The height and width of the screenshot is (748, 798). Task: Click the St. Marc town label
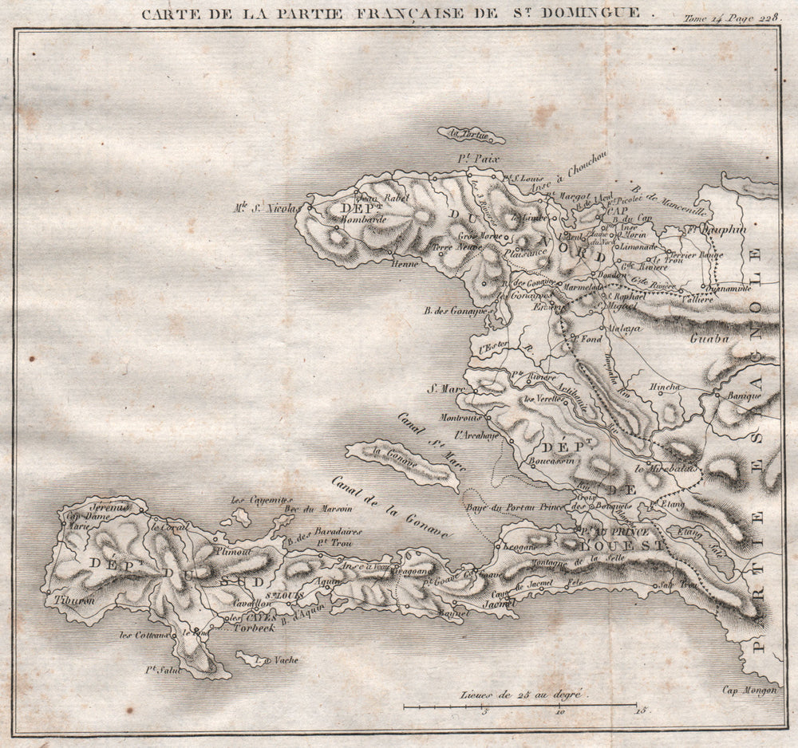[444, 389]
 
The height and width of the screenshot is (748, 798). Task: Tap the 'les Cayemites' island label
[251, 501]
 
